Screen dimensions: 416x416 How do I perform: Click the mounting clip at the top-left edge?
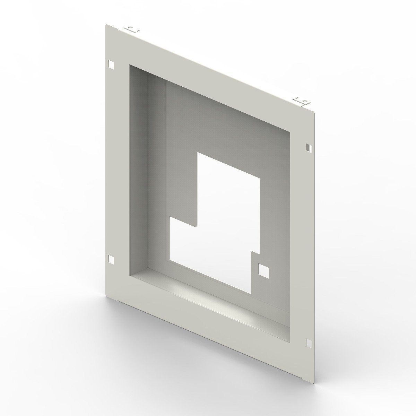(131, 29)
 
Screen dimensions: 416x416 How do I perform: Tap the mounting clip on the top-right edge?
(301, 101)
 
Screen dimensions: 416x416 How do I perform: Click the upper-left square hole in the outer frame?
(111, 64)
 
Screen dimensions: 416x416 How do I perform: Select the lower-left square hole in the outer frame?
(111, 258)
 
